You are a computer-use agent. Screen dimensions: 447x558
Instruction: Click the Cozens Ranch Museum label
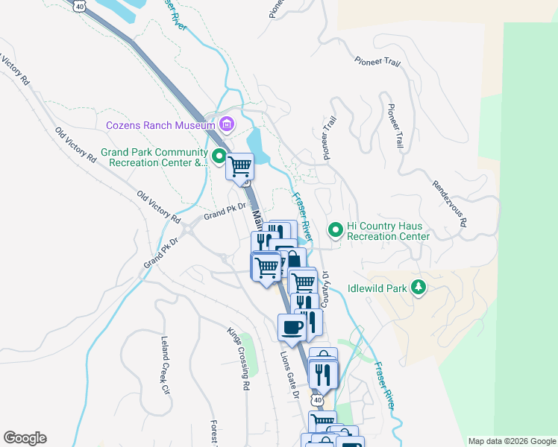click(x=160, y=126)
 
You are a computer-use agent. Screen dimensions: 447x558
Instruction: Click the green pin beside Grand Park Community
click(x=219, y=156)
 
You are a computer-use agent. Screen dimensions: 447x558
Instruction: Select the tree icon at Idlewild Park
click(x=419, y=287)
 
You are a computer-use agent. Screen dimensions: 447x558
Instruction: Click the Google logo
click(x=25, y=438)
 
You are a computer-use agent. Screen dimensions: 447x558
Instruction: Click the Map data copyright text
click(x=512, y=441)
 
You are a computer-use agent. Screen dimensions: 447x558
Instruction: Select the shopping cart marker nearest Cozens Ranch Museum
click(x=240, y=165)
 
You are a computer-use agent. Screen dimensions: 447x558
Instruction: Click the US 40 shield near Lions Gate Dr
click(x=318, y=401)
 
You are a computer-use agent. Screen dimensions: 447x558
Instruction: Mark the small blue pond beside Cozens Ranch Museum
click(x=254, y=140)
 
